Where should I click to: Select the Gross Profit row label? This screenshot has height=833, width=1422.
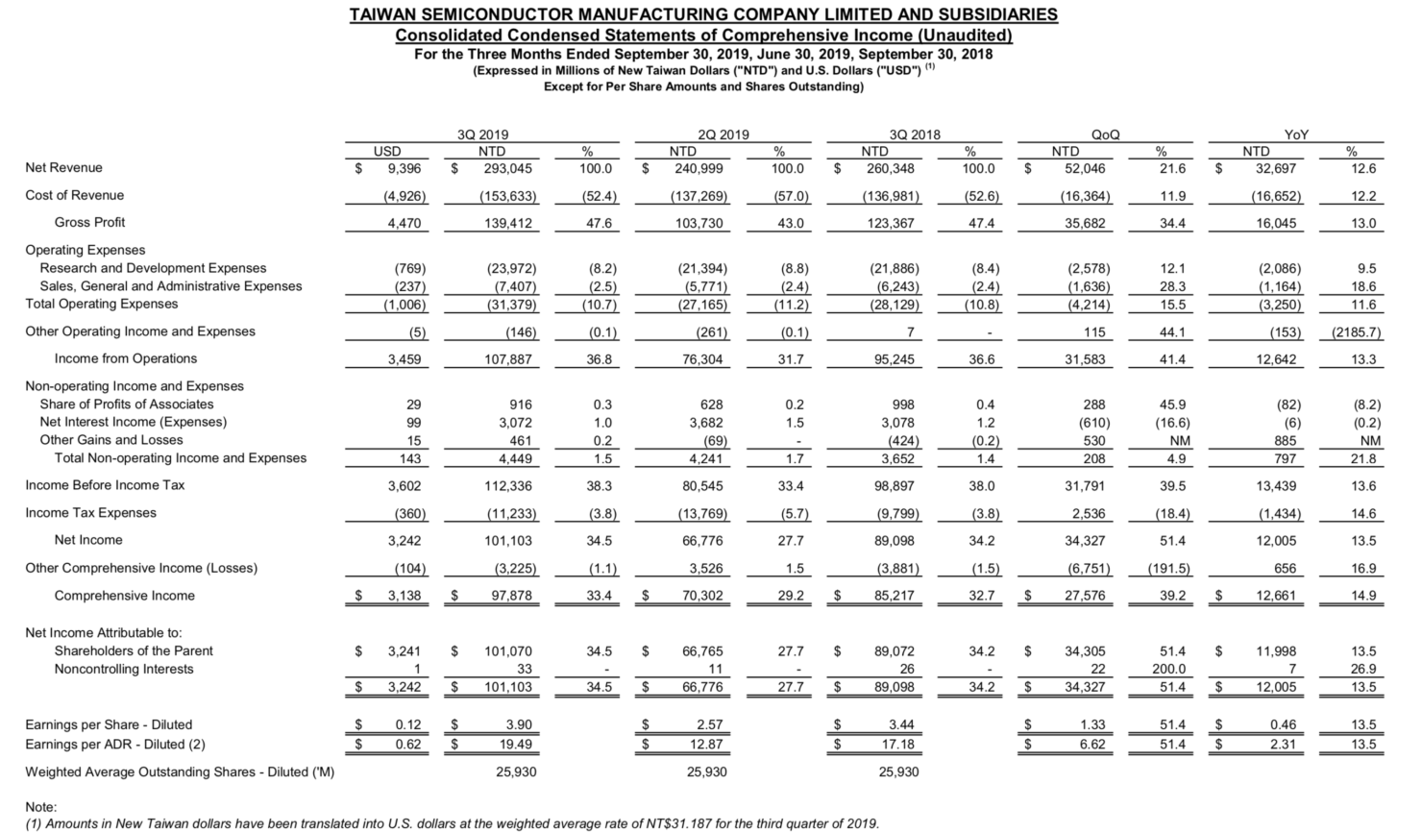(x=89, y=223)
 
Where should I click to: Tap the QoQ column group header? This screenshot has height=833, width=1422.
(x=1105, y=135)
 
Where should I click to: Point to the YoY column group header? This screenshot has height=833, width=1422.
(x=1296, y=135)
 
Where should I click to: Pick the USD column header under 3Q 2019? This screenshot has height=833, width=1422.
(x=387, y=151)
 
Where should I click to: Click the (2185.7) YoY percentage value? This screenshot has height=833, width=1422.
(x=1356, y=332)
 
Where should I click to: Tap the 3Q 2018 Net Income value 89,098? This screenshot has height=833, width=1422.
(x=892, y=541)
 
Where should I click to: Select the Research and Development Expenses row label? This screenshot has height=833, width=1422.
(x=153, y=268)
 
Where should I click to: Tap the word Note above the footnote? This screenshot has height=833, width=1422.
(x=40, y=807)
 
